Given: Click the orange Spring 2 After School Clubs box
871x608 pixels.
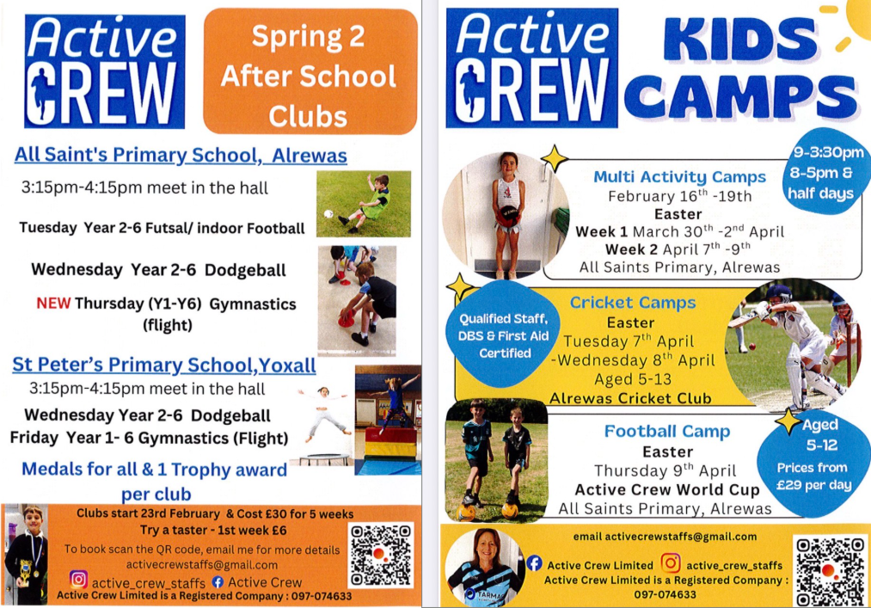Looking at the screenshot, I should (309, 75).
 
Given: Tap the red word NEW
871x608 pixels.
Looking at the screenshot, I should (53, 304).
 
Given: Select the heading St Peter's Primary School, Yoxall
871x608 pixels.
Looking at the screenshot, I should (163, 365).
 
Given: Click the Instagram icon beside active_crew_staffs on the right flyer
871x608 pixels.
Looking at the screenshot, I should (670, 564).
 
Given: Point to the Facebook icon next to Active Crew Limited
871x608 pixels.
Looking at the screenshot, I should (533, 564).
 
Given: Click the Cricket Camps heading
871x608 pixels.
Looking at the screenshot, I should (633, 303).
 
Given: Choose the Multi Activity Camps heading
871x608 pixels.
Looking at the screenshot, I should (679, 177).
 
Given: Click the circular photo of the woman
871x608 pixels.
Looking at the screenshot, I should (484, 568).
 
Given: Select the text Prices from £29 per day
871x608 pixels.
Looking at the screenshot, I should (812, 476).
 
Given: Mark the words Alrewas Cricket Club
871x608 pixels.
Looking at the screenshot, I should (630, 398).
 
